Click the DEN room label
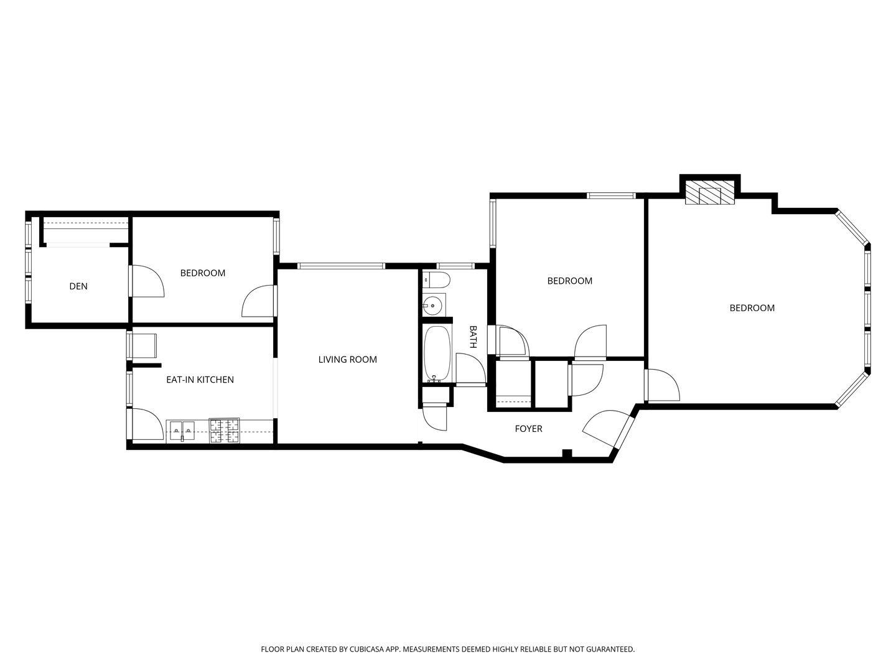(78, 286)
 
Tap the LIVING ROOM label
(347, 360)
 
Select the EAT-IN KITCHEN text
(200, 380)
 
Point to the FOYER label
(528, 429)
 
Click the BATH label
(473, 337)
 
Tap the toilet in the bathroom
(436, 280)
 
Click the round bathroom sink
(432, 305)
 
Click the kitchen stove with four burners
(224, 431)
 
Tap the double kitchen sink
(182, 430)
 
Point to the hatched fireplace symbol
(709, 193)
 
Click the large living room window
(341, 266)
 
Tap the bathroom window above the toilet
(455, 266)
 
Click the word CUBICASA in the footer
(366, 649)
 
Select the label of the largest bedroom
(752, 308)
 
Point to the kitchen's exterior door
(146, 424)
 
